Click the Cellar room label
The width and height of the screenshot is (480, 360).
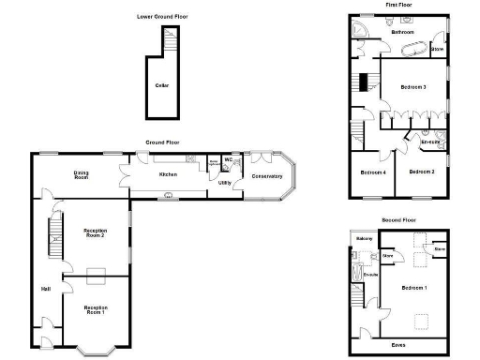(x=162, y=85)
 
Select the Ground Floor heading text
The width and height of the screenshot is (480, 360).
(x=162, y=142)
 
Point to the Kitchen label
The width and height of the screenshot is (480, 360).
(x=168, y=175)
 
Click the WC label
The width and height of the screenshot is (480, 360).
(x=228, y=159)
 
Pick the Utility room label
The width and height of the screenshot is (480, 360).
(x=225, y=183)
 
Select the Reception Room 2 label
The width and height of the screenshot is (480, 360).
(x=95, y=232)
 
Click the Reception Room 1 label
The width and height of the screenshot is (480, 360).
(x=95, y=309)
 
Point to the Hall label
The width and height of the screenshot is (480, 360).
(x=46, y=288)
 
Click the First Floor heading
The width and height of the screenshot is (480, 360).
(x=399, y=5)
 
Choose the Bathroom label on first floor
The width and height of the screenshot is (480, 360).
(x=403, y=32)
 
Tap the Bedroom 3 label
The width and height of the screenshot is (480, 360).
(x=413, y=87)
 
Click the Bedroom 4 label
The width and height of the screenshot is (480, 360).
(x=373, y=172)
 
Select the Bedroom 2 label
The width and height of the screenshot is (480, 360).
(x=422, y=172)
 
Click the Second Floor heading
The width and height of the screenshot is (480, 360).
(x=399, y=218)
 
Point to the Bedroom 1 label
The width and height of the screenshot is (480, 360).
(x=413, y=287)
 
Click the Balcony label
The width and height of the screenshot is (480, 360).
(x=365, y=238)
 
